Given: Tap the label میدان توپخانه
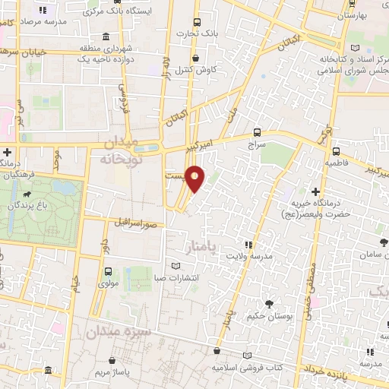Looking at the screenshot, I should click(117, 151).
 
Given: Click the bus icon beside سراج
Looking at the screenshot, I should click(258, 131).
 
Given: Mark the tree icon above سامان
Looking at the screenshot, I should click(383, 242).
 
